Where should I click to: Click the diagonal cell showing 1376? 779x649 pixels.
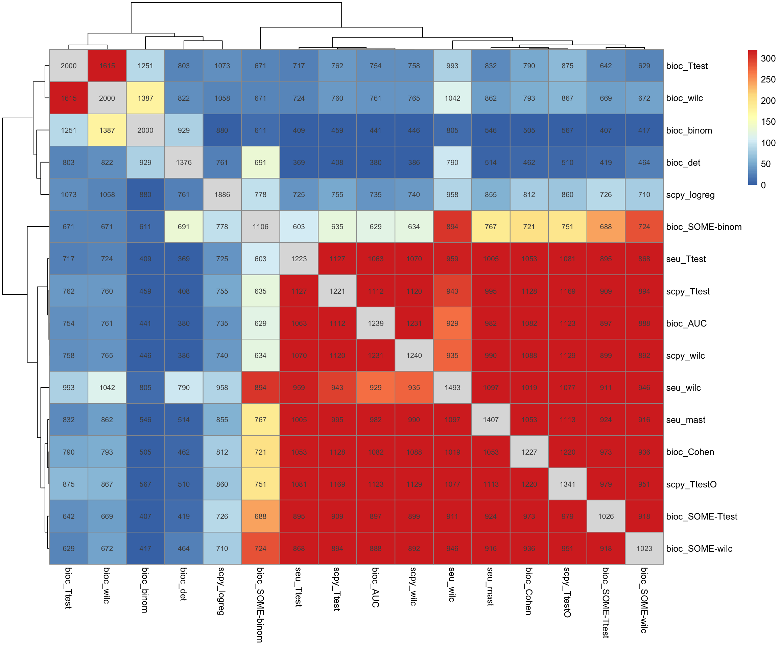pos(184,163)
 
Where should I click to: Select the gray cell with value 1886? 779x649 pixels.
pos(222,195)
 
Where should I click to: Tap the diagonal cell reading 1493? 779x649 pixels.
pos(452,388)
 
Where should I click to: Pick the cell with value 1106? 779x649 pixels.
pos(260,226)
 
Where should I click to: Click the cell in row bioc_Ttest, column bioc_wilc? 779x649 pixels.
pos(107,66)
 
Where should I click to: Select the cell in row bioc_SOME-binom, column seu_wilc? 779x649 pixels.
pos(452,226)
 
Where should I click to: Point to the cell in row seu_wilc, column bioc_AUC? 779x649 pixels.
pos(375,388)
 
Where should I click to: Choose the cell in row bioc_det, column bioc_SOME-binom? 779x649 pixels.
pos(260,163)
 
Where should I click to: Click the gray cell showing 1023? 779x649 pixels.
pos(644,549)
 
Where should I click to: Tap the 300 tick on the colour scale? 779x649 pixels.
pos(768,58)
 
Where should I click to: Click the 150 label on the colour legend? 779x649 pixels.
pos(768,122)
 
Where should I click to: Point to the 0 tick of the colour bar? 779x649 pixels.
pos(763,185)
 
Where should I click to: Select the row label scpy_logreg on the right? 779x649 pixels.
pos(690,195)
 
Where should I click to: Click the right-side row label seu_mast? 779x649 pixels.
pos(686,420)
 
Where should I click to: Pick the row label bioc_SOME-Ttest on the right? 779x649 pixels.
pos(702,516)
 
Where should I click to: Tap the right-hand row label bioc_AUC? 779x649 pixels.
pos(686,323)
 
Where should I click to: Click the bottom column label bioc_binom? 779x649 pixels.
pos(145,590)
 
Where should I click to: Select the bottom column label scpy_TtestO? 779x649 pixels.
pos(567,592)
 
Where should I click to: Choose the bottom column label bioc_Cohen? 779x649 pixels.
pos(529,591)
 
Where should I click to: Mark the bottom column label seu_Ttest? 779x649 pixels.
pos(299,587)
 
